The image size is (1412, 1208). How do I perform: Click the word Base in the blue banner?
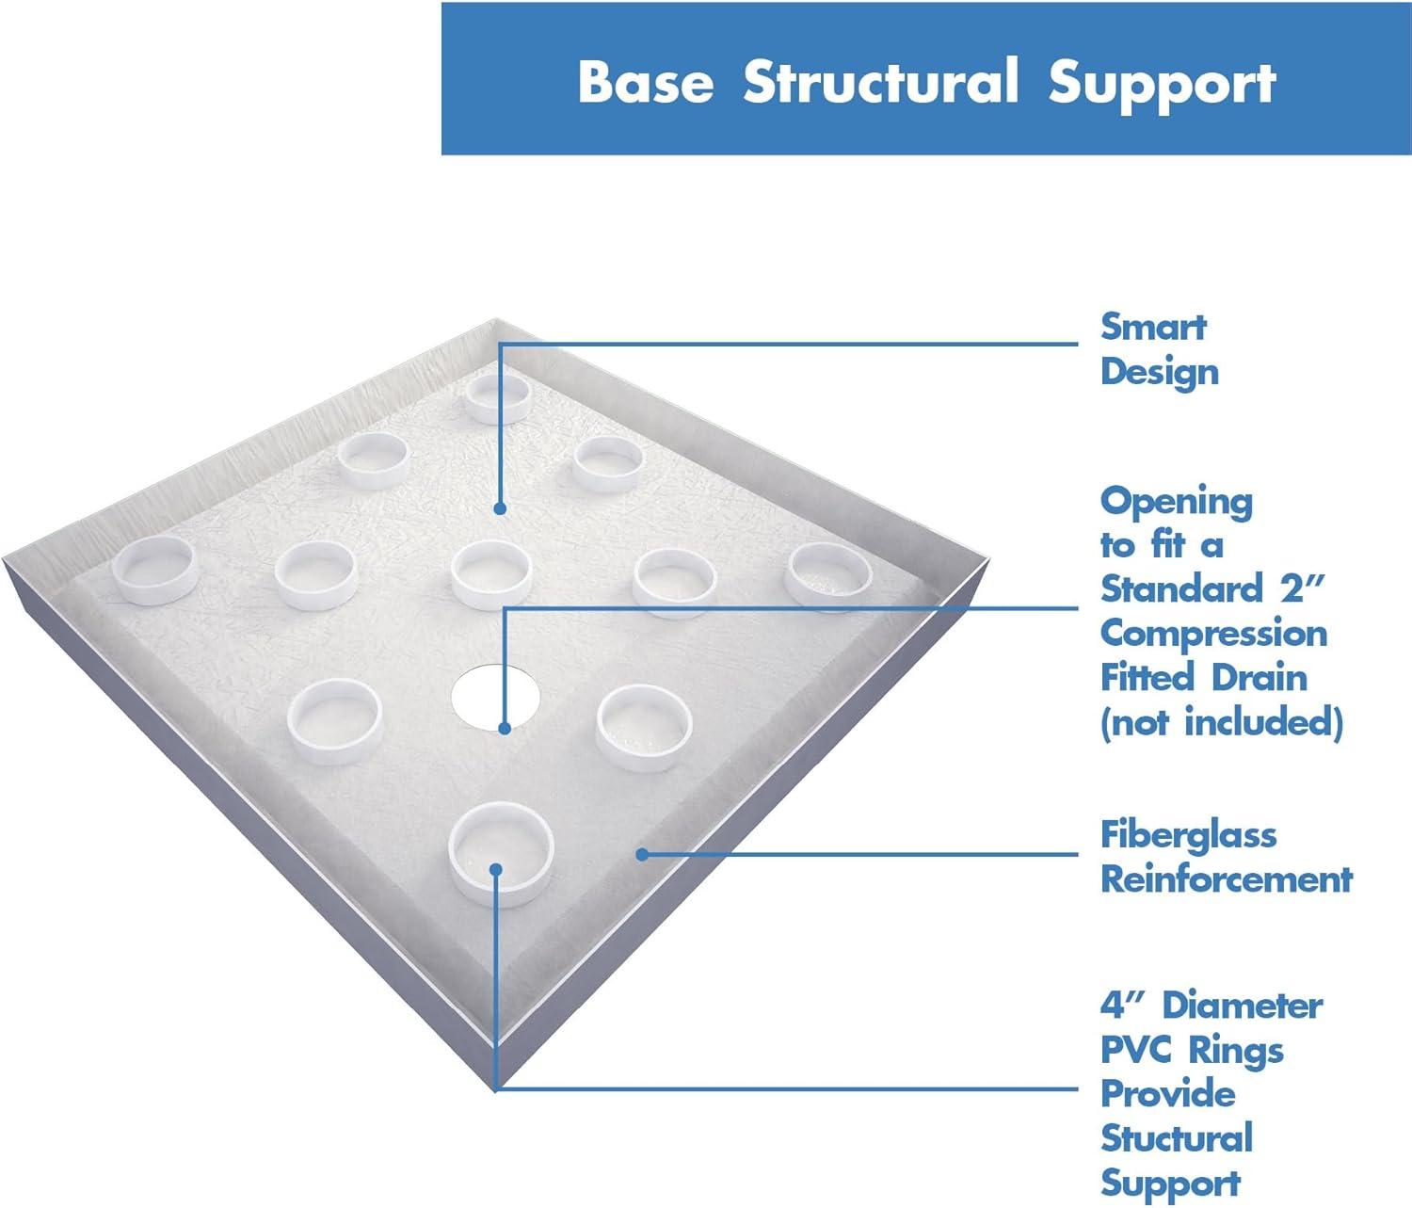[645, 82]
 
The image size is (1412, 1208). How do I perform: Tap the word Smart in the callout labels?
[1153, 327]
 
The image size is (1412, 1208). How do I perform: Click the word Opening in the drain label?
[1177, 502]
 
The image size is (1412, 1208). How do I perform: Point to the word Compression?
[1213, 634]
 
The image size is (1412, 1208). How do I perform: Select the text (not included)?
[1221, 722]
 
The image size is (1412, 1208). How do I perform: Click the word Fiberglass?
[1188, 834]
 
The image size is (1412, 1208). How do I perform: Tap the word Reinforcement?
[1226, 878]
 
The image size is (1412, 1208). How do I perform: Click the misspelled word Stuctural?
[1177, 1137]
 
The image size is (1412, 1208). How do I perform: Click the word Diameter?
[1243, 1005]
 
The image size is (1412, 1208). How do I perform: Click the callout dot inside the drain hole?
[505, 728]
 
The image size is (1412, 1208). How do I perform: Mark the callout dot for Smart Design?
[500, 508]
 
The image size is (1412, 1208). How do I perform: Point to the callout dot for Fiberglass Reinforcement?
[641, 854]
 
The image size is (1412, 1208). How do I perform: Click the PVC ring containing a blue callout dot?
[499, 852]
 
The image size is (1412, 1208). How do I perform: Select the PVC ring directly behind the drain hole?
[490, 574]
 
